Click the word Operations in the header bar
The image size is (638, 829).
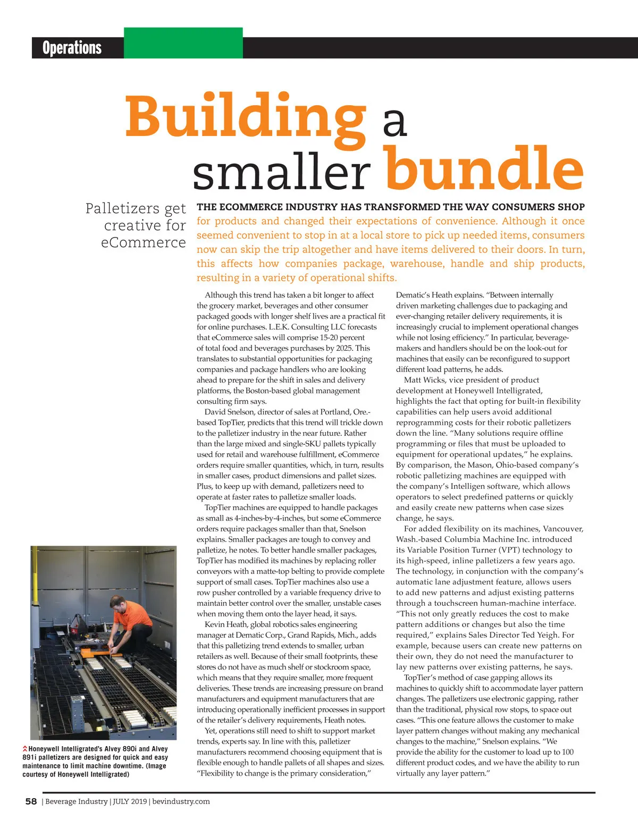coord(72,48)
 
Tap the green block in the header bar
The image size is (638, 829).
coord(183,43)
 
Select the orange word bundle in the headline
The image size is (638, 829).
coord(484,168)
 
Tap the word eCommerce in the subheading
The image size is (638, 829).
coord(144,242)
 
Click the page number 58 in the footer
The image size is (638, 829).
coord(31,801)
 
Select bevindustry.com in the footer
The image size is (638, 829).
coord(181,801)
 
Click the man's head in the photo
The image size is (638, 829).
coord(117,603)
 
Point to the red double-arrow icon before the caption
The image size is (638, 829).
coord(25,749)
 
